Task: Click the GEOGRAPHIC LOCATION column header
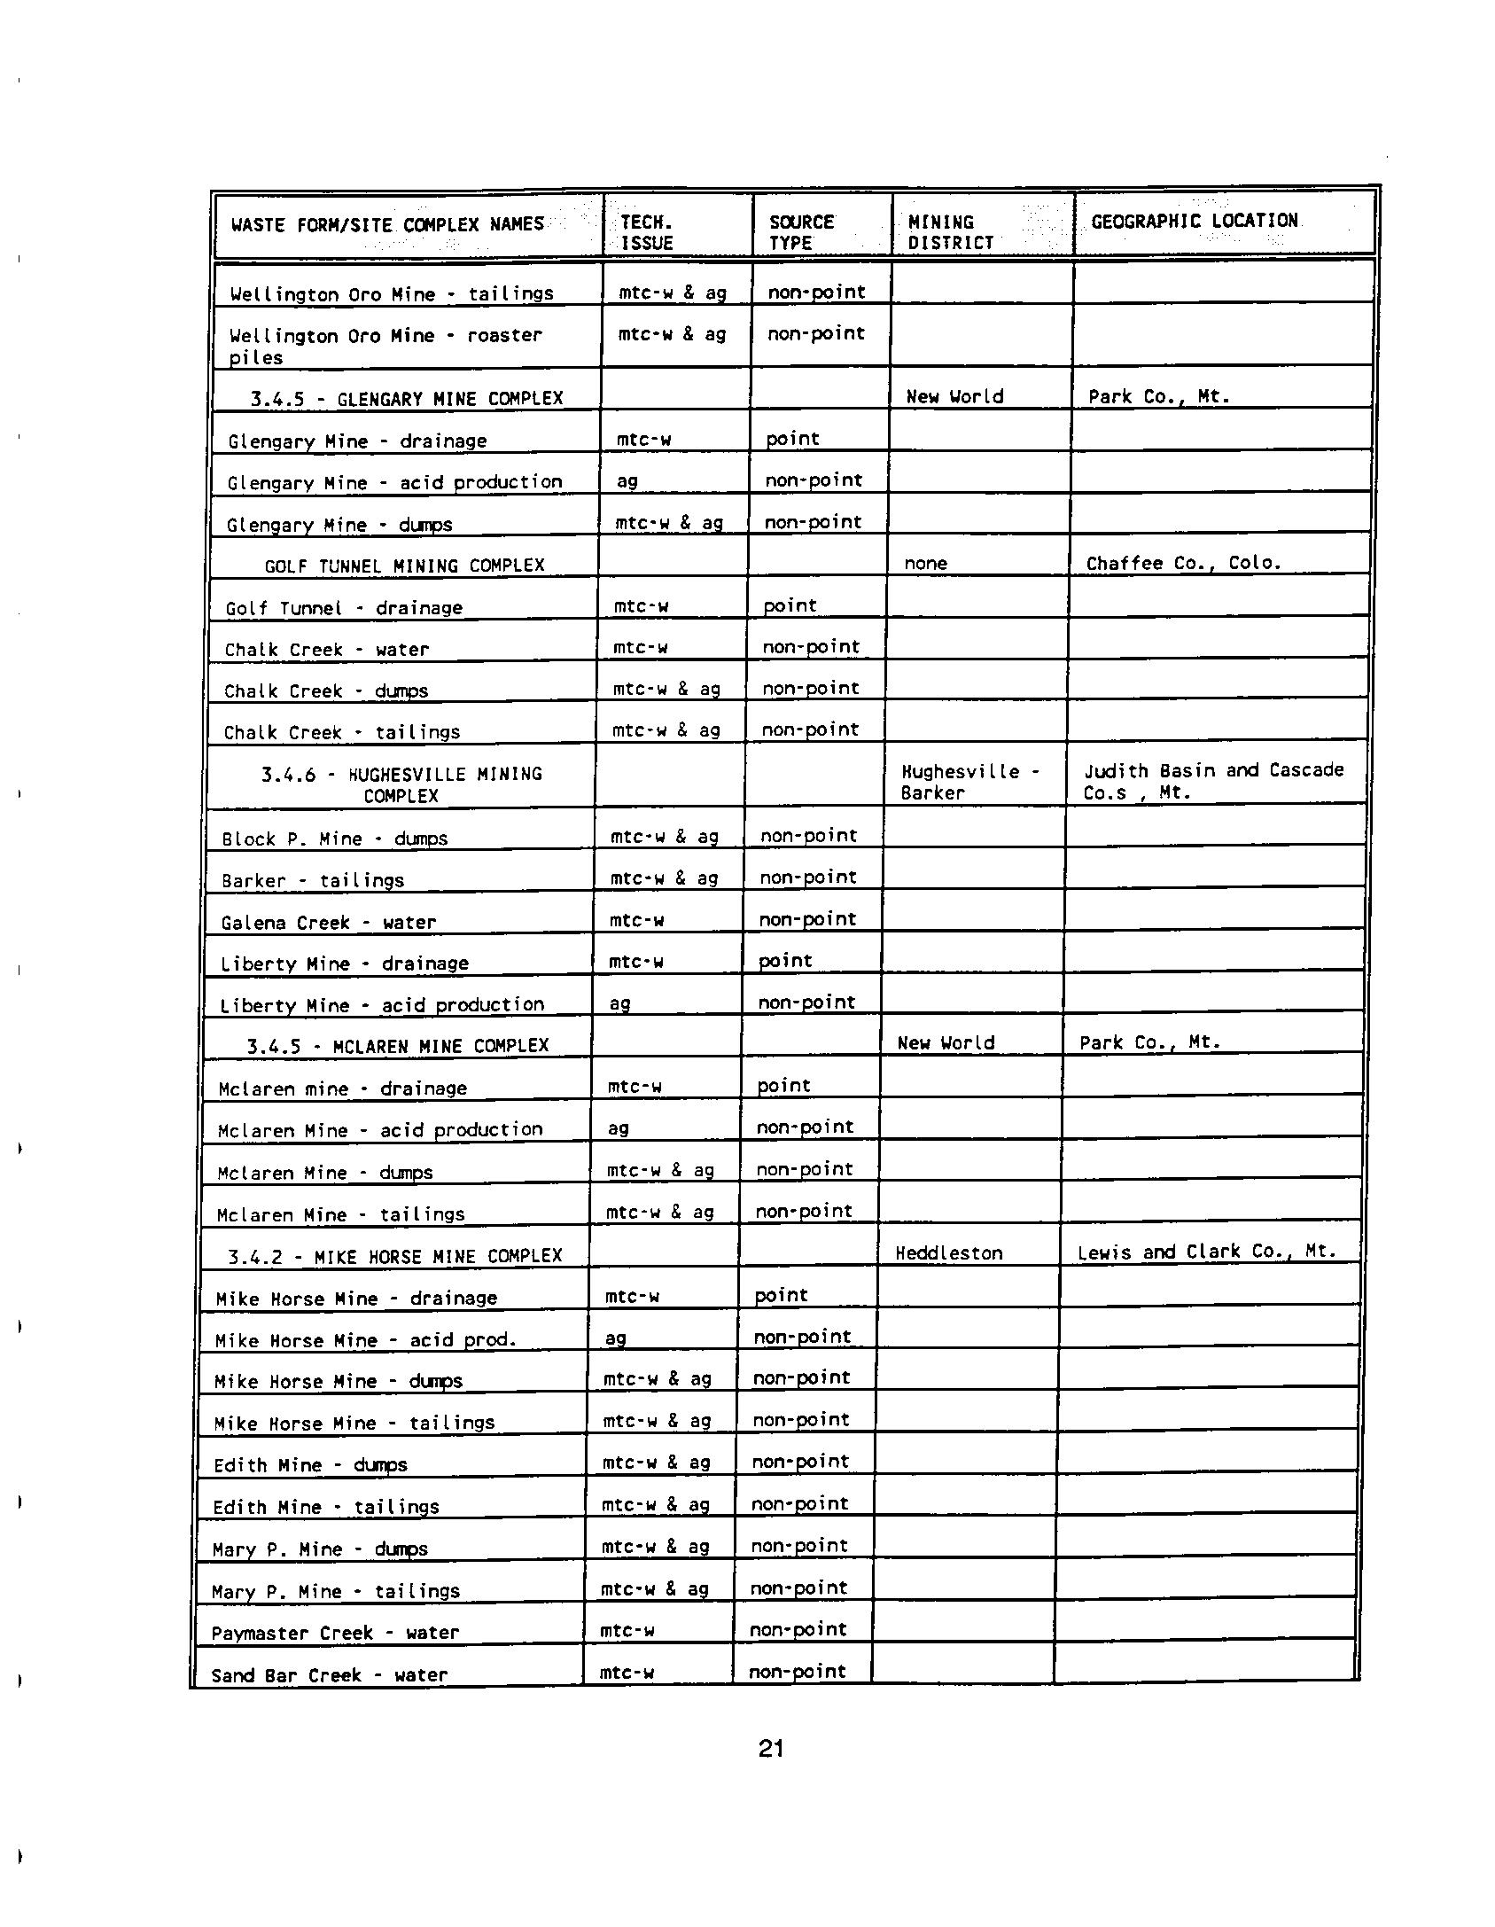1194,221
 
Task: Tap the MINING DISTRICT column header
950,232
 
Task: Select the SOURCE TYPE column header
801,232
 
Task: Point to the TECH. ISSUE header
646,232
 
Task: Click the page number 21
771,1748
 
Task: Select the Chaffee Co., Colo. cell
1184,563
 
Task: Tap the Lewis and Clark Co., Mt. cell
1206,1252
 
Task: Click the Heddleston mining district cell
948,1252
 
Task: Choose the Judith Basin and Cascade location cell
1213,781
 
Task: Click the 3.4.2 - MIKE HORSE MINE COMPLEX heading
394,1255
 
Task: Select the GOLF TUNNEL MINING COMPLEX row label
404,566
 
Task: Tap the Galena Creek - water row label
328,923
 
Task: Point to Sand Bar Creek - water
329,1674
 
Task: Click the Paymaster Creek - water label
335,1633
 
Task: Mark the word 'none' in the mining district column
925,563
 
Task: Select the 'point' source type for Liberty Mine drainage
785,961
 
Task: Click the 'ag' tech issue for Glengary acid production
627,481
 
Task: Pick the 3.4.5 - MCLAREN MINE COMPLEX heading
397,1045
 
